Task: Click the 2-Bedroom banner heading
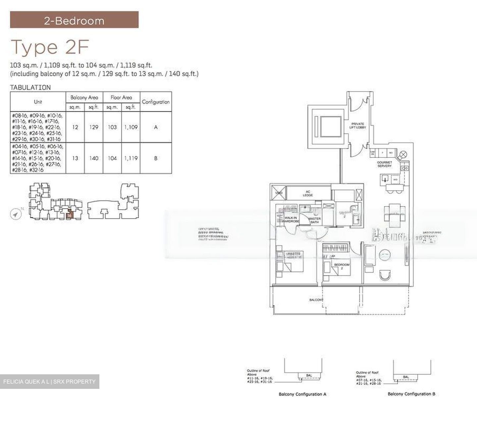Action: [74, 21]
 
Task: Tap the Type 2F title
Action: [50, 47]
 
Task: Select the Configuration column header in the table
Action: [156, 102]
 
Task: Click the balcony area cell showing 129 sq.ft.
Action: [94, 127]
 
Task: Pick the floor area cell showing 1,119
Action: [131, 158]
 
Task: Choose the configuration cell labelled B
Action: [156, 158]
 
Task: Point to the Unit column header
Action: [38, 102]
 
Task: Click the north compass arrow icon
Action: [15, 215]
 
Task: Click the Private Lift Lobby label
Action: [358, 126]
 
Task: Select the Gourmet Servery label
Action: [384, 164]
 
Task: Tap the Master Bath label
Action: [314, 220]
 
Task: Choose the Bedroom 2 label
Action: [342, 266]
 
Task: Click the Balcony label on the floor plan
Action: [316, 300]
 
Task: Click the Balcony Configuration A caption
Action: [302, 394]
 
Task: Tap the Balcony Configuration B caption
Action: [411, 394]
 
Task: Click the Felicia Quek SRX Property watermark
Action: [49, 382]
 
